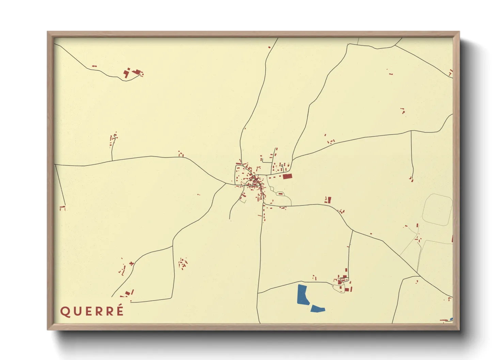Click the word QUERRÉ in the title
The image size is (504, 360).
(92, 311)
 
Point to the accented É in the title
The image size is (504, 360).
(120, 311)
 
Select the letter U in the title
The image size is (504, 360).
(76, 311)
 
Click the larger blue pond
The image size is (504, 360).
(302, 295)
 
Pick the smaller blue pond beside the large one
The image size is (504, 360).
(318, 309)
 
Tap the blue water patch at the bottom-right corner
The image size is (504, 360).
(451, 319)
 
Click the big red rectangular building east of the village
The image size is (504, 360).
(287, 176)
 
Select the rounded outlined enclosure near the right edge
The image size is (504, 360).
(438, 209)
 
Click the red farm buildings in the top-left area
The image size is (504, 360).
(133, 72)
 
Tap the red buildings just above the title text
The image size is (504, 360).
(128, 293)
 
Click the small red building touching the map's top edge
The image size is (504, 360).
(269, 47)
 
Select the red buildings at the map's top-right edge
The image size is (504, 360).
(451, 72)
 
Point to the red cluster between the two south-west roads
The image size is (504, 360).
(183, 263)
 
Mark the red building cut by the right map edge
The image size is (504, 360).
(452, 239)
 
